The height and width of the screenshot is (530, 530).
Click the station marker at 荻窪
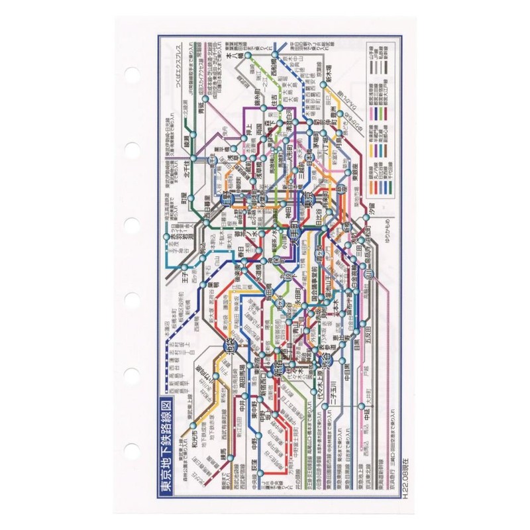click(x=260, y=472)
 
